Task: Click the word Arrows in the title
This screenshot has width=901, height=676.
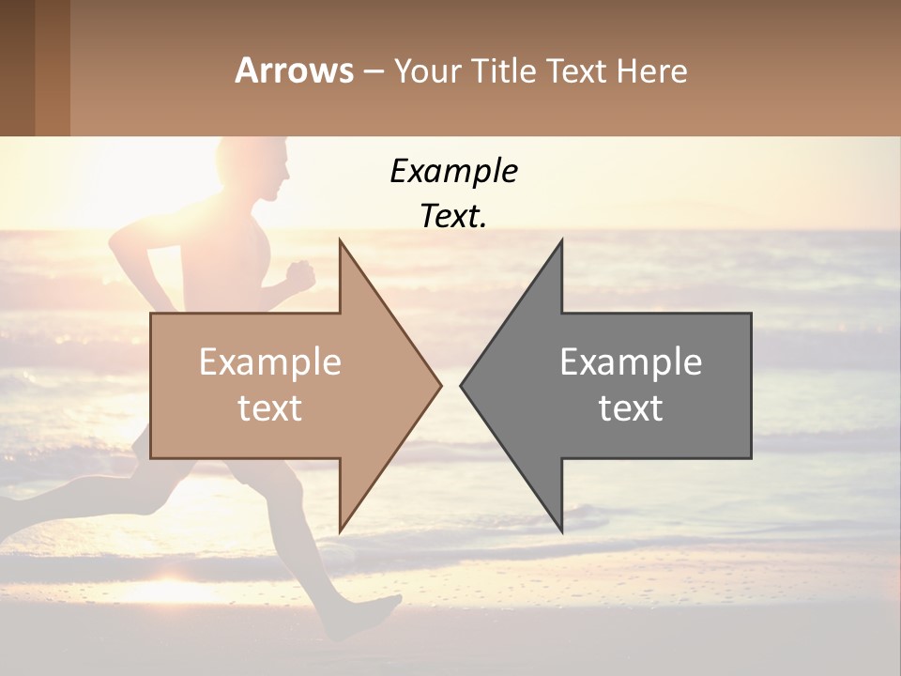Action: pyautogui.click(x=295, y=70)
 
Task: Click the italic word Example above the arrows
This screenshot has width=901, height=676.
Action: pyautogui.click(x=453, y=172)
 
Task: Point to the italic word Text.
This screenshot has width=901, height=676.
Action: pyautogui.click(x=453, y=216)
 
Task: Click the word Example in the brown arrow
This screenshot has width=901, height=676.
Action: pyautogui.click(x=270, y=361)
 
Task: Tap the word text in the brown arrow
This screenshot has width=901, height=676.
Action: pyautogui.click(x=270, y=407)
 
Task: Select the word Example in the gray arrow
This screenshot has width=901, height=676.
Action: pyautogui.click(x=631, y=361)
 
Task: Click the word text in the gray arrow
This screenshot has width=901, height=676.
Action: pyautogui.click(x=631, y=407)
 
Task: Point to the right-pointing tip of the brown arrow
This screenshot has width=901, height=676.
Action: pyautogui.click(x=439, y=385)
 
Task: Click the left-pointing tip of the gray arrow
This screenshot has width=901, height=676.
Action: pyautogui.click(x=462, y=385)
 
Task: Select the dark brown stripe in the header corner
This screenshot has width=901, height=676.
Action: pyautogui.click(x=17, y=68)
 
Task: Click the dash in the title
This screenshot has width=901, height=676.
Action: pyautogui.click(x=373, y=71)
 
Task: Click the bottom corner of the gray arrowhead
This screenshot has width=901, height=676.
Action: pyautogui.click(x=561, y=530)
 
